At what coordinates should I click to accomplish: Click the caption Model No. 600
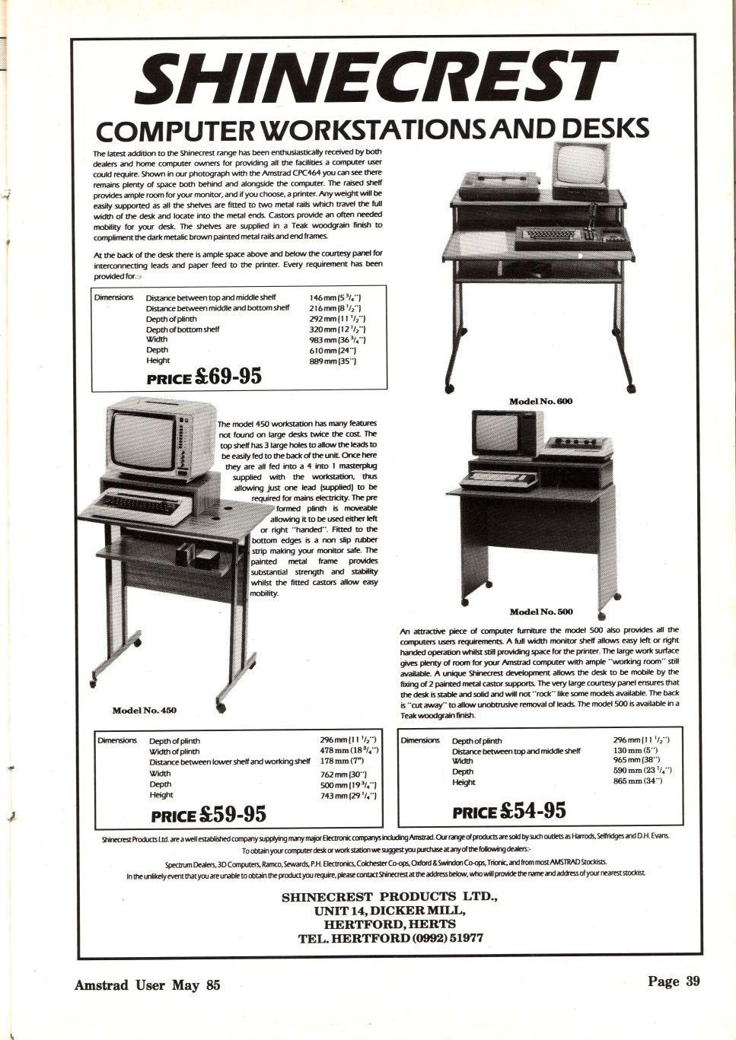pos(540,401)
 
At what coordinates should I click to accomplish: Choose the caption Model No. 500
pos(541,612)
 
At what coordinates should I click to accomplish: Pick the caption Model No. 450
pos(145,710)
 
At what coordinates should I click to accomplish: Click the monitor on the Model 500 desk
pos(495,432)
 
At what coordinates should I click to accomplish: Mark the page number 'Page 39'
pos(673,981)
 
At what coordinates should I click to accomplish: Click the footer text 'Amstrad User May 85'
pos(147,984)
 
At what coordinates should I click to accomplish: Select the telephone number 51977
pos(461,937)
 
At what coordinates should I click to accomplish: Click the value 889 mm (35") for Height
pos(333,361)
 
